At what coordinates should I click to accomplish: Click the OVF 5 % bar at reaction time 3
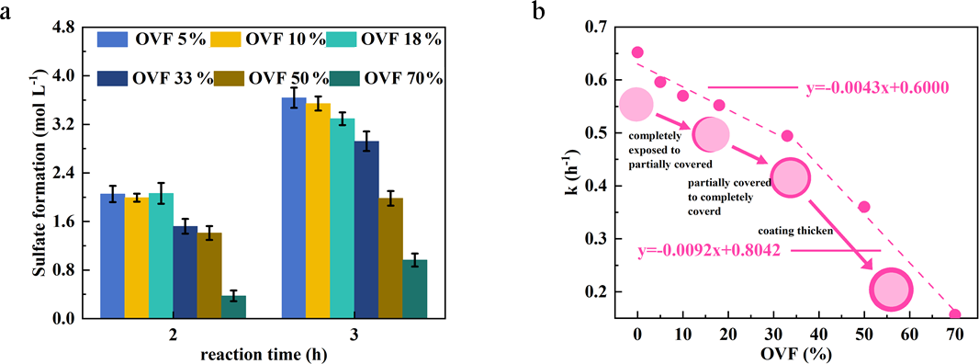(294, 209)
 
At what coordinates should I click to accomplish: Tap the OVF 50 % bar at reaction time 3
(390, 258)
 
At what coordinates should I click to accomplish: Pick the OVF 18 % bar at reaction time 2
(161, 256)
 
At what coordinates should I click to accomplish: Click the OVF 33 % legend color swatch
(112, 78)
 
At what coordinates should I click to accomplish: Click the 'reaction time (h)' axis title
(264, 355)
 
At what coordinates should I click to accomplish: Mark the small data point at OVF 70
(954, 314)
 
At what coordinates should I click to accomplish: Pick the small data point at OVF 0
(637, 52)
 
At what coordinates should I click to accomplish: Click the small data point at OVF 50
(864, 207)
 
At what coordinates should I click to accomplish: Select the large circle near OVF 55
(892, 290)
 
